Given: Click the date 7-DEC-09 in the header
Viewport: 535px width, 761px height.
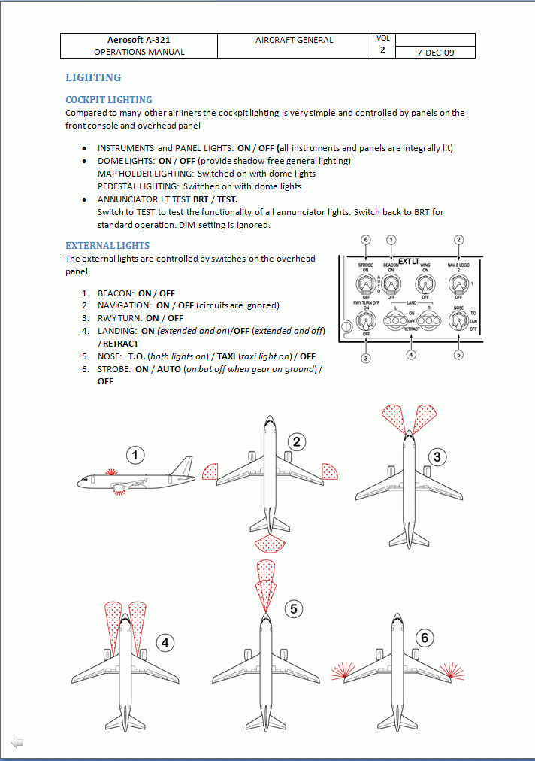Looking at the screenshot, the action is coord(435,53).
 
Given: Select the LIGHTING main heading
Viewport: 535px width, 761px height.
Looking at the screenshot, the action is coord(93,77).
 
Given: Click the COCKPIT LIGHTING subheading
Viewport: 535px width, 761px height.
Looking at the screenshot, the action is coord(109,99).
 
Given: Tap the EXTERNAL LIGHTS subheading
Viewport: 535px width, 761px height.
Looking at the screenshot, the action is coord(107,246).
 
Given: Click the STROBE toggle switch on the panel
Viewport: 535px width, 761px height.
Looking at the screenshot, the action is coord(366,284).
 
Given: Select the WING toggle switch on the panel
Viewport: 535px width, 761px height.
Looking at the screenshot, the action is coord(425,284).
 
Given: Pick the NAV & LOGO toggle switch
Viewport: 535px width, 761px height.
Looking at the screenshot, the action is coord(458,284).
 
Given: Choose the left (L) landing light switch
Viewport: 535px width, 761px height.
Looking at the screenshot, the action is coord(396,321).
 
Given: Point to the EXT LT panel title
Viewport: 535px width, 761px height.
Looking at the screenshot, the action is coord(409,262).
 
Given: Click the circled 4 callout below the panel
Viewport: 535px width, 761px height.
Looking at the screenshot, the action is coord(411,355).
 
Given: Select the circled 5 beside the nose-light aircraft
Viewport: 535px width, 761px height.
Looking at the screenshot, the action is coord(294,608).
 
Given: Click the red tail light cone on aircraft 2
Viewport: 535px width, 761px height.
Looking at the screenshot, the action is coord(270,544).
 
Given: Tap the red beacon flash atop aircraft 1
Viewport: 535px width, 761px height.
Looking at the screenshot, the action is coord(111,471).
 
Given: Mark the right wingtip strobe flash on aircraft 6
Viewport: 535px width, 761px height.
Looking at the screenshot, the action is coord(452,672).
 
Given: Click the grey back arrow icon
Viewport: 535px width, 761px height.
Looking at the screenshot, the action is coord(17,742).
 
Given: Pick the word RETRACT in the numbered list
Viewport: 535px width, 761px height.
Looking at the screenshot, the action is coord(121,344).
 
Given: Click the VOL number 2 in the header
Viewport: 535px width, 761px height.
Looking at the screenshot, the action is coord(382,50).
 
